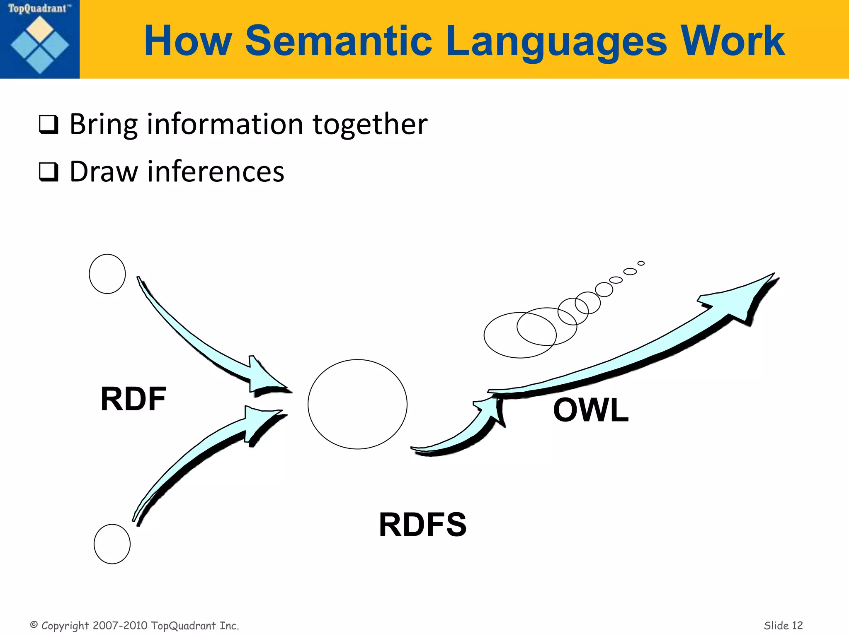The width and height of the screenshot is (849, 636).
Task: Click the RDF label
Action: tap(133, 399)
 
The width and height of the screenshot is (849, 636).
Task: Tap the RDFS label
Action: tap(422, 525)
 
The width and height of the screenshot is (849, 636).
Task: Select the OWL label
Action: tap(591, 410)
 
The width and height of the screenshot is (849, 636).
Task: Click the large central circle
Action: tap(357, 404)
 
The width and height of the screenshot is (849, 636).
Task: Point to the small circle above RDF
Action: tap(107, 274)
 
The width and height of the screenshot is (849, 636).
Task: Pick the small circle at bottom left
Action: tap(112, 544)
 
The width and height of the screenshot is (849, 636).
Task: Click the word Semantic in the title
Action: tap(339, 41)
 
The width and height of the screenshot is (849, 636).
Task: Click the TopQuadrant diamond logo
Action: tap(40, 45)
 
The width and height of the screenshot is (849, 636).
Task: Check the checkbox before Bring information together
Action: tap(49, 125)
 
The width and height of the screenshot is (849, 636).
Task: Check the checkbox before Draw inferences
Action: tap(49, 172)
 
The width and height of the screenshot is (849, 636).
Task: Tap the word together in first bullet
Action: tap(370, 124)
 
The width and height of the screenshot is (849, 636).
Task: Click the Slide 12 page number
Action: tap(783, 625)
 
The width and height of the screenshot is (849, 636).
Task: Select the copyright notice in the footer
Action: tap(135, 625)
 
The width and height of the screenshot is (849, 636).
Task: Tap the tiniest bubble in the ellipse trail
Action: tap(641, 263)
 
